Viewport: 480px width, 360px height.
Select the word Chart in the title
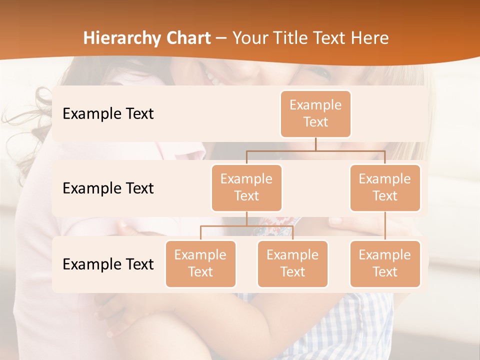187,38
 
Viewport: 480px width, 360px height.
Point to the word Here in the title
370,38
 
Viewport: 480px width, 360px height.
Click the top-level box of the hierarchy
315,114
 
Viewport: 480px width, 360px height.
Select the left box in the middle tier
246,187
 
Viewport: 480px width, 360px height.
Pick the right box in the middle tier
385,187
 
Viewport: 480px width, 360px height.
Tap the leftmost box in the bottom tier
200,263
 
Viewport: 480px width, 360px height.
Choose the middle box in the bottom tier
292,263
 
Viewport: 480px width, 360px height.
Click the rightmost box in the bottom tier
385,263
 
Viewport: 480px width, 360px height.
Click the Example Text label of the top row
108,114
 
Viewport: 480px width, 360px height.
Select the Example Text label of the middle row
108,188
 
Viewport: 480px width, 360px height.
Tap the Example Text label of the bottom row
108,264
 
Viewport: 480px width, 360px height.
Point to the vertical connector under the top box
315,144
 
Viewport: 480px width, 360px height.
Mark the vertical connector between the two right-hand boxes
385,226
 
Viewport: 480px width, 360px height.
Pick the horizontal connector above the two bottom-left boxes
225,226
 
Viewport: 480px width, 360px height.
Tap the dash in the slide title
221,38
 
